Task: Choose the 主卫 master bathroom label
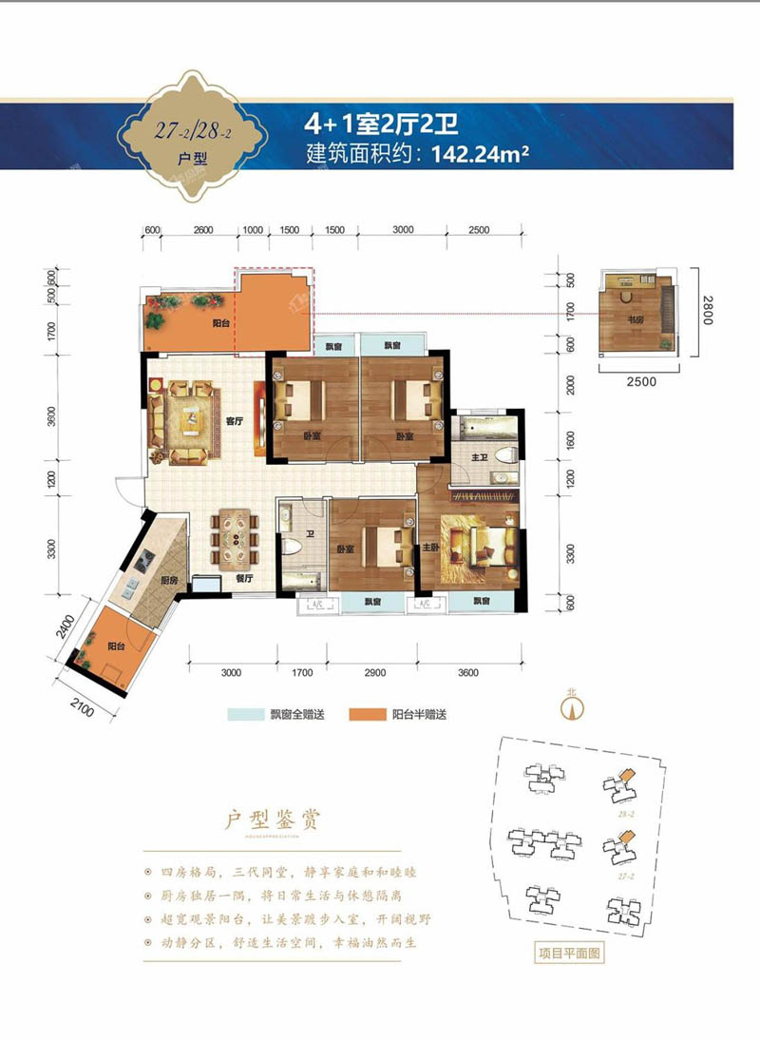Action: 483,459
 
